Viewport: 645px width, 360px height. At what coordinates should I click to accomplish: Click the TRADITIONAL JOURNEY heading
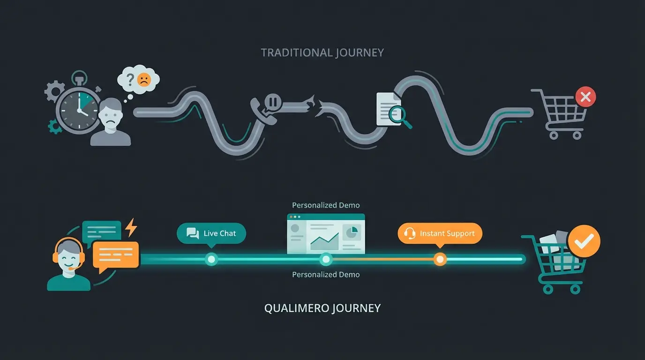coord(322,52)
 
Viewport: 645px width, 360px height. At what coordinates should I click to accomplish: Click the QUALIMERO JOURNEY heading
coord(322,308)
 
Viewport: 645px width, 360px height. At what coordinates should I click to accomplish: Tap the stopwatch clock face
coord(78,109)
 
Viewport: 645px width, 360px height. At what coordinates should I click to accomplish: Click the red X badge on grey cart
coord(585,97)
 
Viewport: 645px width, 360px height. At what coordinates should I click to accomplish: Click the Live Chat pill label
coord(211,233)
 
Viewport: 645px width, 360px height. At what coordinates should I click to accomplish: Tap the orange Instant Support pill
coord(440,233)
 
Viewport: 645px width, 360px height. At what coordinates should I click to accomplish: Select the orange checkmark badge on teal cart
coord(584,241)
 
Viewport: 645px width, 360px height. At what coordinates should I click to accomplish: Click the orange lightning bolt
coord(131,227)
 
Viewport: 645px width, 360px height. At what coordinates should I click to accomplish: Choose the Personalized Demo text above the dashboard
coord(326,205)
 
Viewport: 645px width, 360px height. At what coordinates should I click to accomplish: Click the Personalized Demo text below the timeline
coord(326,274)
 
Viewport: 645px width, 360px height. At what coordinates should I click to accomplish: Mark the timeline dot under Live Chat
coord(211,259)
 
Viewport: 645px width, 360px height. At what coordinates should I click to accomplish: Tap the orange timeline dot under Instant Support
coord(440,259)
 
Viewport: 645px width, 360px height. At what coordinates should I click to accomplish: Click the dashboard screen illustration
coord(326,234)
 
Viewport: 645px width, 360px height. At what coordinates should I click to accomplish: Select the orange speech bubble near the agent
coord(116,255)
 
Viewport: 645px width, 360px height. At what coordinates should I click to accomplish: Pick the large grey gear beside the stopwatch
coord(55,91)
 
